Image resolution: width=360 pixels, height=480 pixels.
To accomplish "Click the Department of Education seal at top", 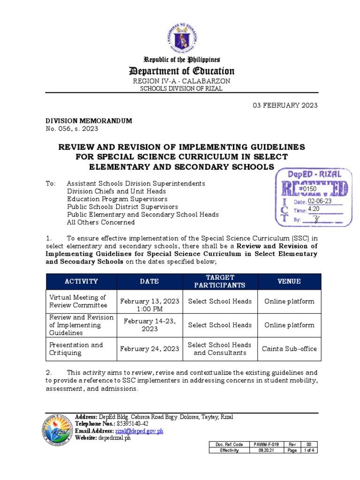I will click(181, 36).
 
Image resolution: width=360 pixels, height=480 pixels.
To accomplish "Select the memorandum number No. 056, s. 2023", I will click(72, 129).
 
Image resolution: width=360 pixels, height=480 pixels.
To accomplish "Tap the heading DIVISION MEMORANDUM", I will click(89, 121).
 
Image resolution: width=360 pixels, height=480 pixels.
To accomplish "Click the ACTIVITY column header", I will click(81, 281).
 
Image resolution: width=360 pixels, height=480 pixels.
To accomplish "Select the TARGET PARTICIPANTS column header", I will click(219, 281).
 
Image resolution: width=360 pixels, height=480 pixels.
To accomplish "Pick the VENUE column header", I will click(289, 281).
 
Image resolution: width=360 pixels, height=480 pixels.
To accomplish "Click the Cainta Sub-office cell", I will click(289, 349).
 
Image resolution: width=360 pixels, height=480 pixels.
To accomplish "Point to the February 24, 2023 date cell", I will click(150, 349).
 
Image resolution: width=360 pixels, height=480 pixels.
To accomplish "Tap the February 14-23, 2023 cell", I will click(150, 325).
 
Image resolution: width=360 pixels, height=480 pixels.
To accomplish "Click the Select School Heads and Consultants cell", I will click(219, 349).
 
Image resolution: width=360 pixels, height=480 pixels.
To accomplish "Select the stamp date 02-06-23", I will click(320, 201).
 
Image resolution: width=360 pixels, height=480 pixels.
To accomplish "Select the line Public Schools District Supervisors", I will click(122, 206).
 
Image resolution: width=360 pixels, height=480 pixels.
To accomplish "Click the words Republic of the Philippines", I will click(181, 60).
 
